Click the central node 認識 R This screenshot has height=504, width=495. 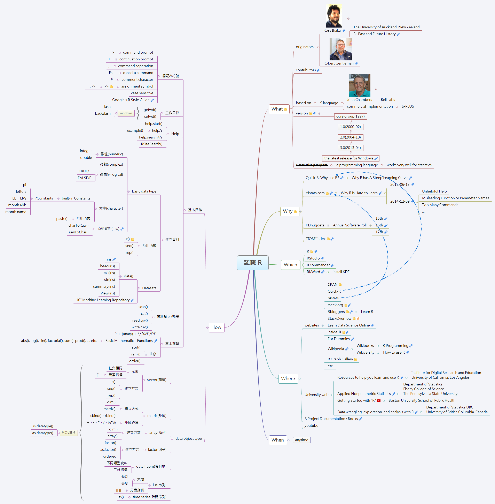click(252, 263)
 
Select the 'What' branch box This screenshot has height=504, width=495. click(279, 109)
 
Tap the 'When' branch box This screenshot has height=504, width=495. click(277, 440)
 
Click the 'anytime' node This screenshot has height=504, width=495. click(301, 440)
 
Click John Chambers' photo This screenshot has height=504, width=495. click(359, 86)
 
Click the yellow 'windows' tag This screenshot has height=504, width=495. click(126, 113)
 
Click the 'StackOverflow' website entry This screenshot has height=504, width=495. click(339, 318)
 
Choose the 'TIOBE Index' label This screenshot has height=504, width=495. click(315, 239)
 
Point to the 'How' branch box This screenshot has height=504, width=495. click(216, 328)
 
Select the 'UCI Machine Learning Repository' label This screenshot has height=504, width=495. click(102, 300)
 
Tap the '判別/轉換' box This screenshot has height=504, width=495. click(69, 433)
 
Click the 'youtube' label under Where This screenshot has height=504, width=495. click(311, 425)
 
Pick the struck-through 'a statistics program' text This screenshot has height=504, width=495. click(312, 165)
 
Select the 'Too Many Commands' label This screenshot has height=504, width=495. click(440, 205)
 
